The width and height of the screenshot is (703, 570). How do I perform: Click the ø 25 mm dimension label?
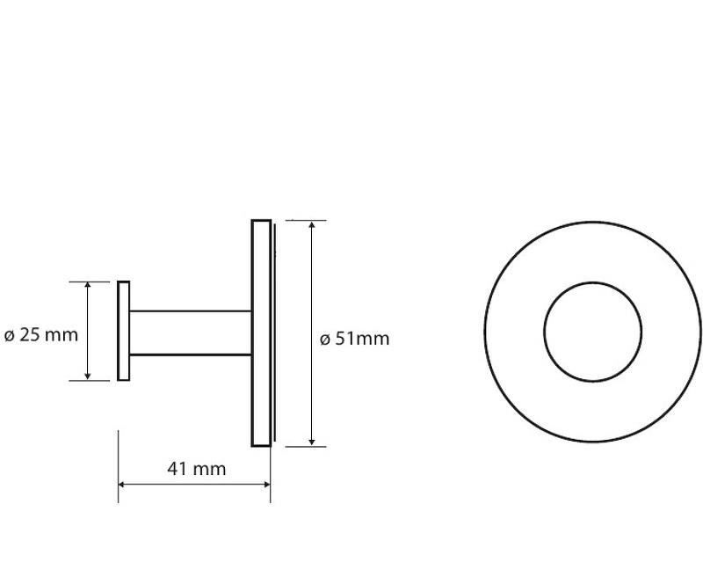[40, 335]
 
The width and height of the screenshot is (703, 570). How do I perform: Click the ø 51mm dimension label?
[354, 339]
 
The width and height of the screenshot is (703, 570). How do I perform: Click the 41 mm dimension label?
[196, 469]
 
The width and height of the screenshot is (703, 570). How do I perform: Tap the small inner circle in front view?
[592, 283]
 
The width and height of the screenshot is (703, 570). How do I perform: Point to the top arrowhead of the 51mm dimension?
[312, 225]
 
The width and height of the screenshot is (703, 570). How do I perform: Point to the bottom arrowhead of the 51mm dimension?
[312, 442]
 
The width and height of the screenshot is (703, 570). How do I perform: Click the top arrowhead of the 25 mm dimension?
[88, 287]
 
